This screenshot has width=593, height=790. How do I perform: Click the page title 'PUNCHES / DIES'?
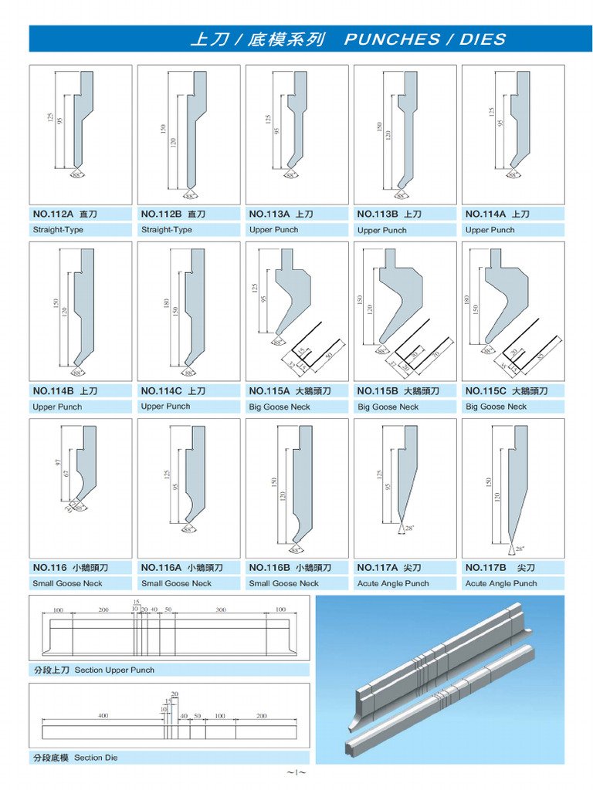(x=425, y=39)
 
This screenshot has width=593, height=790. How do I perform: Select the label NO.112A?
(x=53, y=214)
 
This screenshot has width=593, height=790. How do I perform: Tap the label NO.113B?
(x=378, y=214)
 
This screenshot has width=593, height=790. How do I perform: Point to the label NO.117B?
(x=486, y=568)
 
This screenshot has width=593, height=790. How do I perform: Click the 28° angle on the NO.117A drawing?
(x=409, y=528)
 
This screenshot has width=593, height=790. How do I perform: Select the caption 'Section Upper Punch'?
(x=114, y=670)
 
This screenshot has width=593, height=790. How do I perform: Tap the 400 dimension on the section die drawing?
(x=103, y=716)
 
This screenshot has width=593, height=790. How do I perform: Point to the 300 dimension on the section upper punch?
(x=221, y=609)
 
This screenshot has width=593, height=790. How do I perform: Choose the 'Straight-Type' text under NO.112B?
(x=166, y=230)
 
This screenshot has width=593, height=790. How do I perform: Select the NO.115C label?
(x=486, y=391)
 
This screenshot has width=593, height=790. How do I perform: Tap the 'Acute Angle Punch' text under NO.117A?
(x=393, y=583)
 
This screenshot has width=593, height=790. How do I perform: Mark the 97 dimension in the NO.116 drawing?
(x=57, y=462)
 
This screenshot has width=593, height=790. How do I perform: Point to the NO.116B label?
(x=269, y=568)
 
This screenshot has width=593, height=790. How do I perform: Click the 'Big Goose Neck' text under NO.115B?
(x=388, y=407)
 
